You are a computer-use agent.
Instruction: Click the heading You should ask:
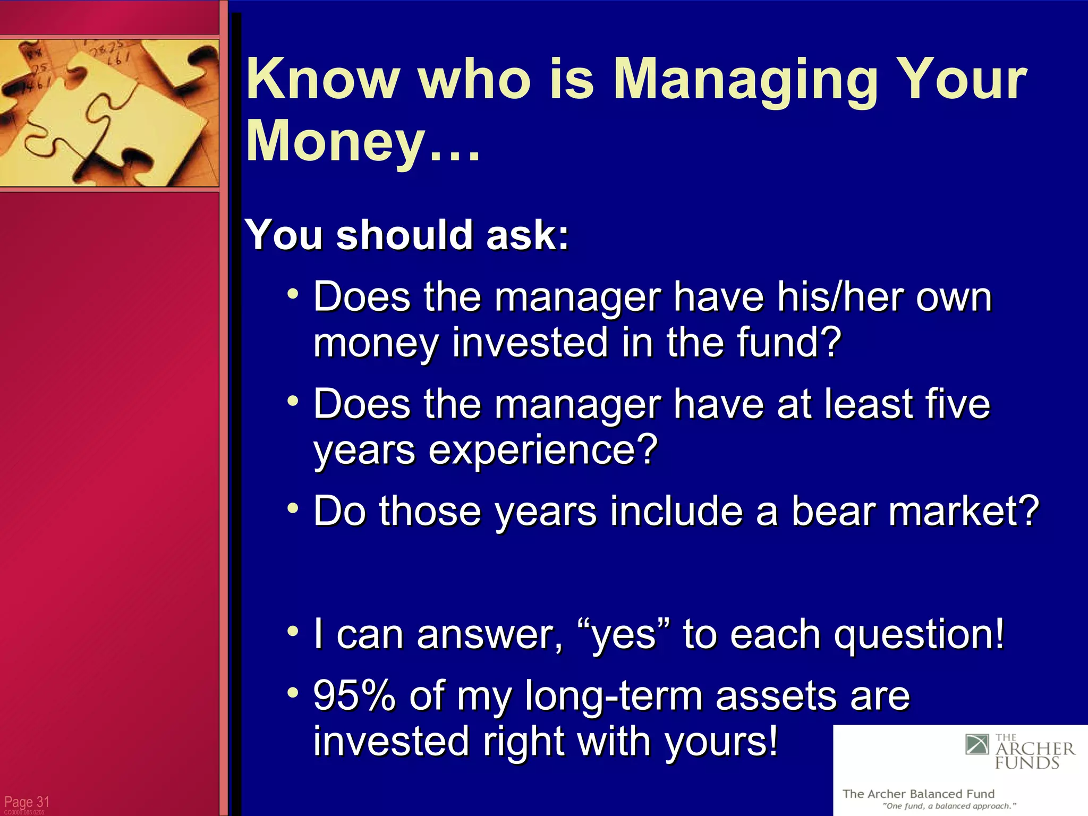pyautogui.click(x=406, y=235)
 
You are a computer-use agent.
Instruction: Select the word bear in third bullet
pyautogui.click(x=835, y=511)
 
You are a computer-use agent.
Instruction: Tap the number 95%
pyautogui.click(x=354, y=695)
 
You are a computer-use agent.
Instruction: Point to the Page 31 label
pyautogui.click(x=27, y=801)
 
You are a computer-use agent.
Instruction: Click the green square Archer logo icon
pyautogui.click(x=976, y=744)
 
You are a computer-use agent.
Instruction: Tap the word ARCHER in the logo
pyautogui.click(x=1034, y=749)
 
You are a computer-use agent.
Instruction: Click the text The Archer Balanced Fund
pyautogui.click(x=918, y=794)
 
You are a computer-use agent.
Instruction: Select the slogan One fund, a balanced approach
pyautogui.click(x=949, y=806)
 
